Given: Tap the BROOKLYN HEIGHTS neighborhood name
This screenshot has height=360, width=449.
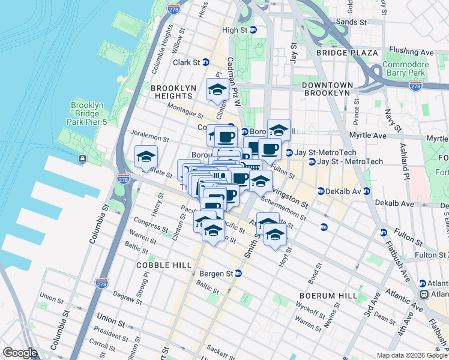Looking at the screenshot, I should [173, 91].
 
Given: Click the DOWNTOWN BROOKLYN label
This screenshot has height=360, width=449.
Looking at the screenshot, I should [326, 89].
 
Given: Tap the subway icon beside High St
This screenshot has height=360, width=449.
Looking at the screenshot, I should [253, 30].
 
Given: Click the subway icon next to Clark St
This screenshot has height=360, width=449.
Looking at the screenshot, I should [206, 62].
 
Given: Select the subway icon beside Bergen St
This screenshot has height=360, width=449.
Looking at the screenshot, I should [238, 274].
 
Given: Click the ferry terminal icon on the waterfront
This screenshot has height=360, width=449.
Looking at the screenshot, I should [82, 159].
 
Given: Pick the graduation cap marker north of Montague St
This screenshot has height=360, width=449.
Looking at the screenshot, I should [217, 90].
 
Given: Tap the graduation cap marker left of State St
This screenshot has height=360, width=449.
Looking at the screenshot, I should [145, 157].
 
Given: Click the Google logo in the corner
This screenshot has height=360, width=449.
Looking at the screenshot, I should [19, 353].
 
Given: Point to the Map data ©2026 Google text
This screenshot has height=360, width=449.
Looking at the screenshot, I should [412, 355].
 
